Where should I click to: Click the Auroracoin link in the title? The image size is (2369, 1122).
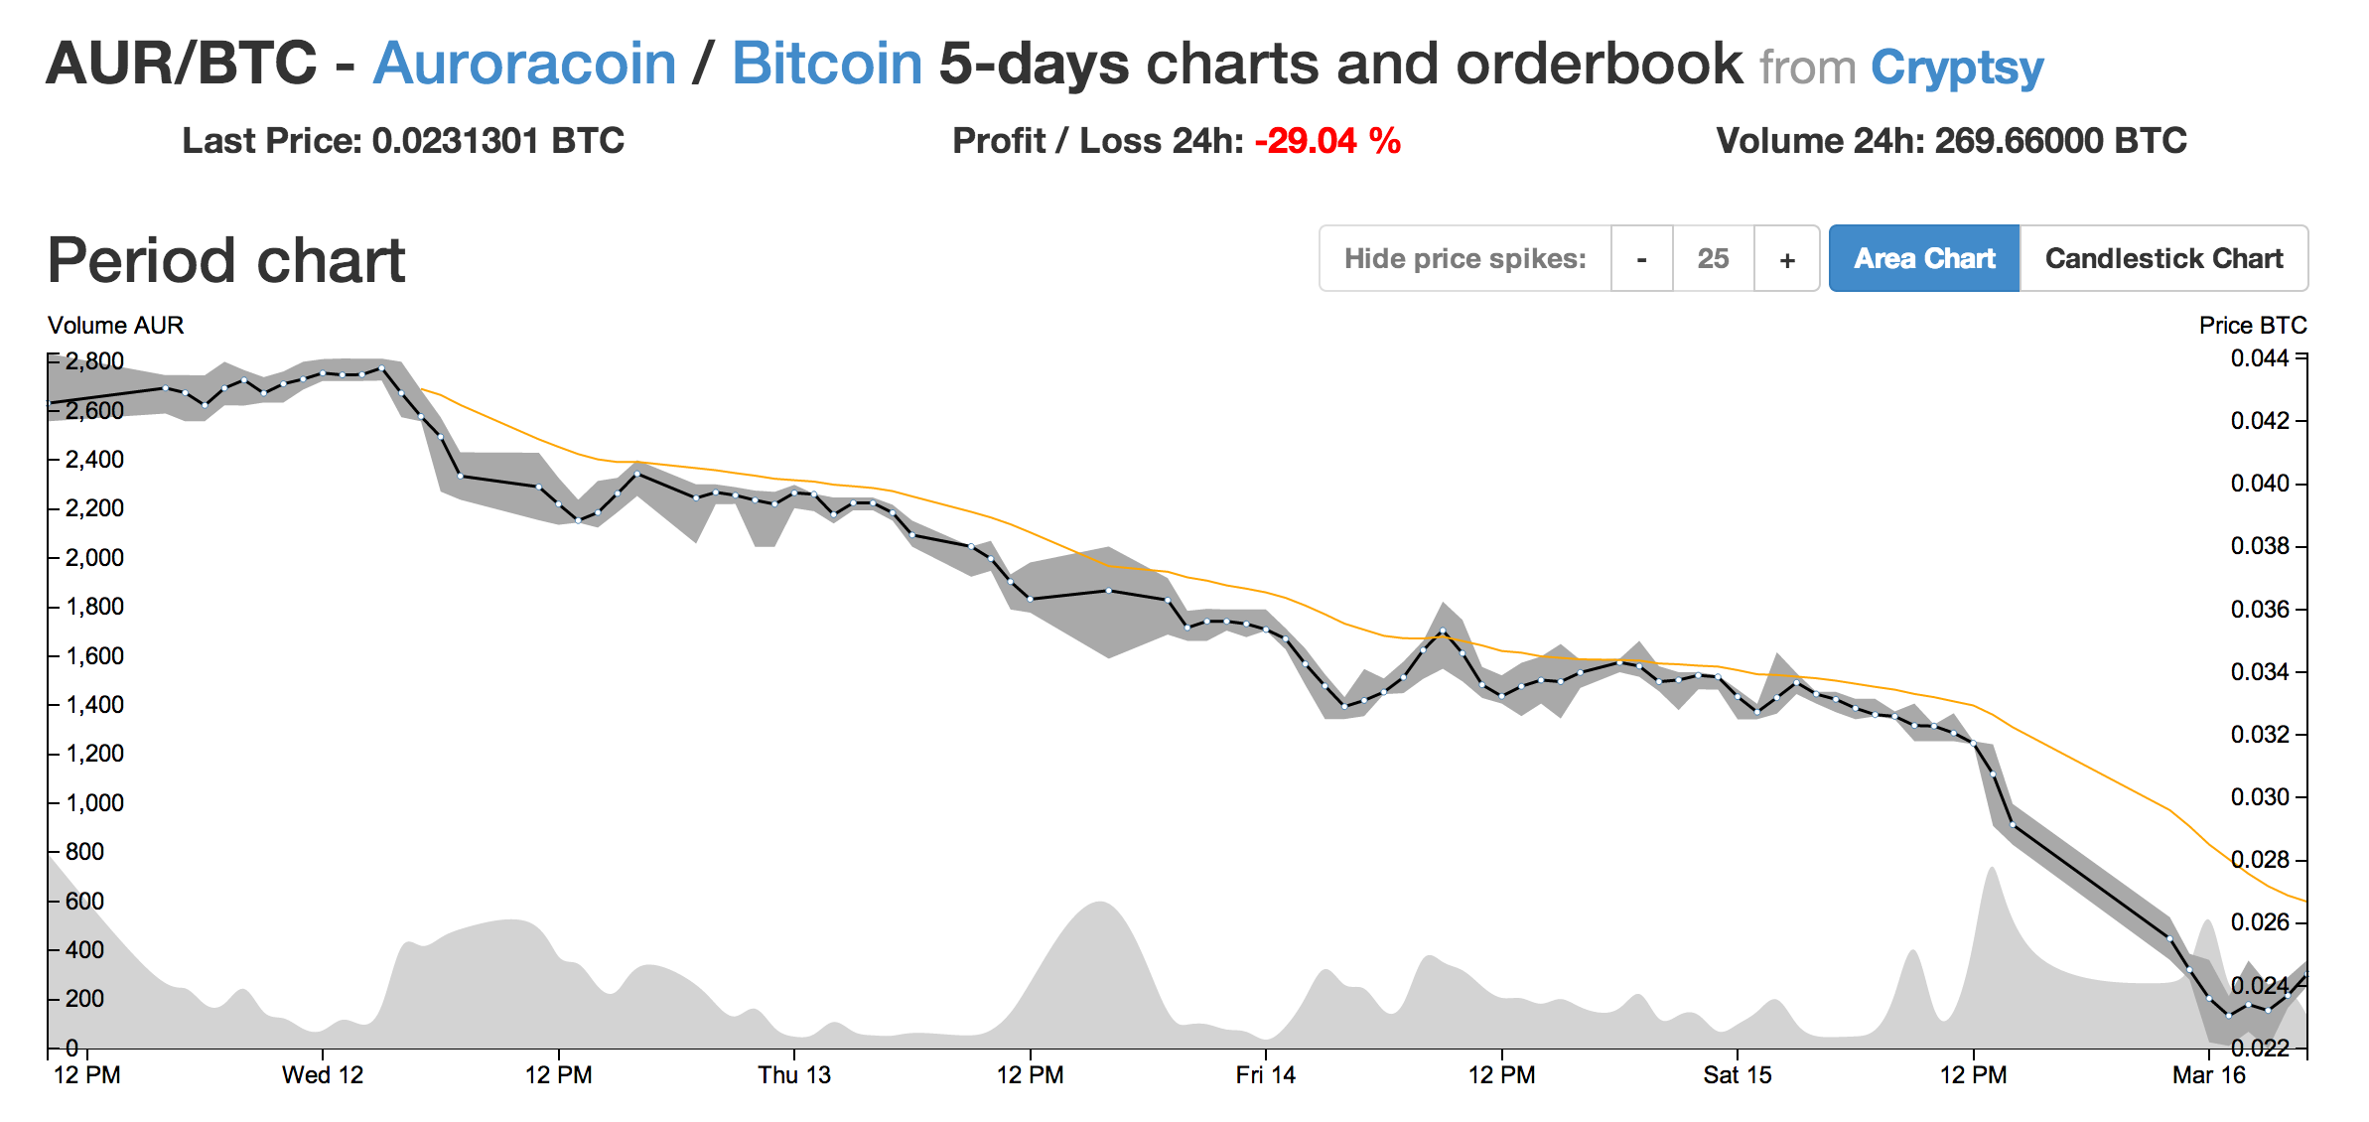click(524, 64)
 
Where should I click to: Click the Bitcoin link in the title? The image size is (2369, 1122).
click(827, 64)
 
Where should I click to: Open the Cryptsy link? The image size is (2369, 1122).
click(1956, 68)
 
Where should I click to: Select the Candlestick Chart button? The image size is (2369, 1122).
click(2163, 259)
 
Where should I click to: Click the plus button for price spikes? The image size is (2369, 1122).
click(1786, 259)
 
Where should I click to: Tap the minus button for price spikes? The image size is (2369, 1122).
click(1641, 259)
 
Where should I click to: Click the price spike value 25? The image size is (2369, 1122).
click(1713, 259)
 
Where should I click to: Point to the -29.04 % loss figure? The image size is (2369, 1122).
click(1327, 141)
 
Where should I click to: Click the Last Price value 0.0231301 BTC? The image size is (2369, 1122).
click(497, 141)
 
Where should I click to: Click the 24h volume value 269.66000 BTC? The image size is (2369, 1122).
click(2060, 141)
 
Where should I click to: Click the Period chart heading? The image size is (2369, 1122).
click(226, 261)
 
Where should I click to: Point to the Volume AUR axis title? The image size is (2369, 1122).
click(115, 326)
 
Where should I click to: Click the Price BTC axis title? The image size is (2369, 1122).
click(2252, 326)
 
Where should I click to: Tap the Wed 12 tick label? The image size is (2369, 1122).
click(323, 1075)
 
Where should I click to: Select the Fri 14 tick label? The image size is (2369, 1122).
click(1265, 1075)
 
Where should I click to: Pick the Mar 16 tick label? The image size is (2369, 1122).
click(2208, 1075)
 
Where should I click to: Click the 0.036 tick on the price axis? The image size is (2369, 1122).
click(2260, 609)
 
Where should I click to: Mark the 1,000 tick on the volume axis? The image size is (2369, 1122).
click(94, 802)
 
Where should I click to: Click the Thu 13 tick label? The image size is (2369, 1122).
click(794, 1075)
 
